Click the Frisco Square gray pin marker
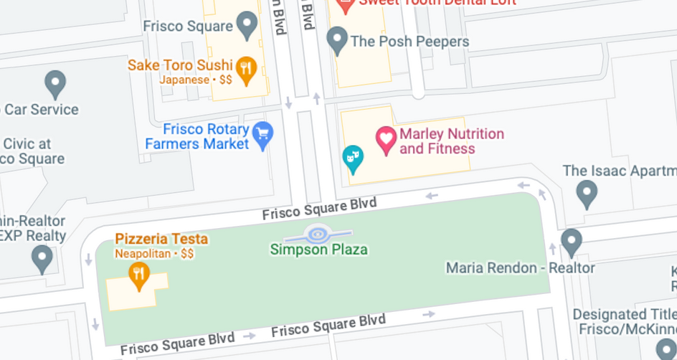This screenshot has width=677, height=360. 247,26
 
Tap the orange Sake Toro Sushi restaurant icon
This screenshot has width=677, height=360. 247,70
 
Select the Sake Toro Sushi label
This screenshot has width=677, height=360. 180,65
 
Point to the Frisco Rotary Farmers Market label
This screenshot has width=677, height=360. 197,136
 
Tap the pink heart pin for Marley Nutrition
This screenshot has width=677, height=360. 387,140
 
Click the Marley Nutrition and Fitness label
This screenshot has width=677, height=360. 451,141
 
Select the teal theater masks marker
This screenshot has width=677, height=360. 352,158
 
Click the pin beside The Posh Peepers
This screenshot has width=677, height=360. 337,40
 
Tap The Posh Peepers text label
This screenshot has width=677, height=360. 409,42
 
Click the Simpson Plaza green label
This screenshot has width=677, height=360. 318,250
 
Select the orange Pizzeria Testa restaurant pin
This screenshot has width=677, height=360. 138,275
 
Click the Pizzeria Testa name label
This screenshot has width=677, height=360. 161,239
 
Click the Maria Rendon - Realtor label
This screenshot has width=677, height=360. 520,267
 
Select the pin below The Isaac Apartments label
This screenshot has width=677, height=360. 587,194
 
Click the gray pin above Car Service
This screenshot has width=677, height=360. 55,84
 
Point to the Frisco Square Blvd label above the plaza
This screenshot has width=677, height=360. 319,209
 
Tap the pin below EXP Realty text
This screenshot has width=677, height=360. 42,258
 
